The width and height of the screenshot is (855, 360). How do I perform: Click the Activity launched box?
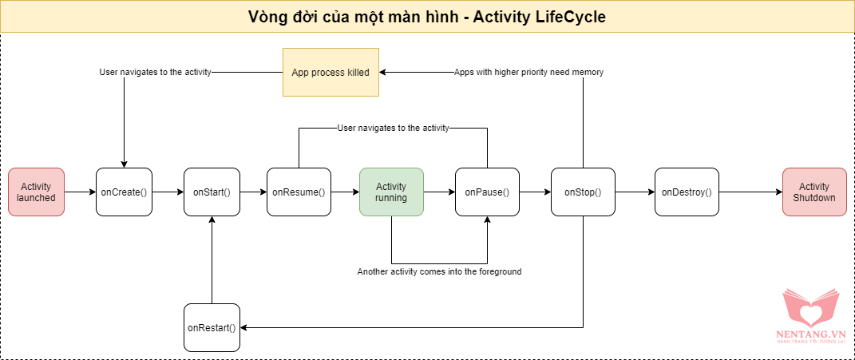click(x=36, y=192)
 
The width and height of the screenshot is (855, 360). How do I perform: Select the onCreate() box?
click(x=124, y=192)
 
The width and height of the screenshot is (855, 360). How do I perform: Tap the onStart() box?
click(x=212, y=192)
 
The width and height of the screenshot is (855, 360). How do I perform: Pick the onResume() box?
click(x=299, y=192)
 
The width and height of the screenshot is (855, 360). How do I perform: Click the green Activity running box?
click(x=391, y=192)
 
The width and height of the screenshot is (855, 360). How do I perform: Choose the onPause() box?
click(x=487, y=192)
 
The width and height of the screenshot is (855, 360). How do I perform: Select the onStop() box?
click(x=583, y=192)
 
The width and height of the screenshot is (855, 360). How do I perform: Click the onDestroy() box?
click(x=687, y=192)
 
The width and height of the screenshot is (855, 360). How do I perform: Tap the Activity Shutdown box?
click(x=814, y=192)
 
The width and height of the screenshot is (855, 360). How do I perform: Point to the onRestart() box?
click(x=212, y=327)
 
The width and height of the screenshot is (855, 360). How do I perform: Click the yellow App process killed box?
click(x=331, y=72)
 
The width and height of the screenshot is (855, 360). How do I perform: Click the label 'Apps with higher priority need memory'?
click(x=528, y=72)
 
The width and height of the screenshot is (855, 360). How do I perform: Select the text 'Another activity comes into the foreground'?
click(x=439, y=272)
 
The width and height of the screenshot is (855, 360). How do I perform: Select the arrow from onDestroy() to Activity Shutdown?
click(x=750, y=192)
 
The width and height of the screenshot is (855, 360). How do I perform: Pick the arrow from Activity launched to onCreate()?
click(x=80, y=192)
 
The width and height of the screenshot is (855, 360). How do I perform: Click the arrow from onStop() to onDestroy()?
click(x=635, y=192)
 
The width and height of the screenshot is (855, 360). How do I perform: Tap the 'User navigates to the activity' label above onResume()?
click(x=393, y=128)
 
